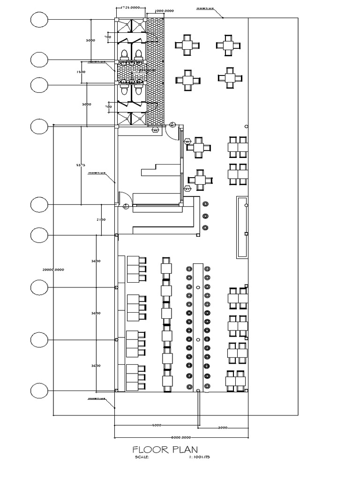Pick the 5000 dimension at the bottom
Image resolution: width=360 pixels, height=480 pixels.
tap(157, 425)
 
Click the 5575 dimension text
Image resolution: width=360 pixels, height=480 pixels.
tap(81, 165)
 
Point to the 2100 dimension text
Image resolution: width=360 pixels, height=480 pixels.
tap(101, 219)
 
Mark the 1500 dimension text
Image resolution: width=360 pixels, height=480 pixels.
tap(81, 72)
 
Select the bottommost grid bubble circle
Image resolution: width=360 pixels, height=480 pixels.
tap(39, 390)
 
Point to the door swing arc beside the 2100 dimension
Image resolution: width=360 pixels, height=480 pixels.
tap(123, 197)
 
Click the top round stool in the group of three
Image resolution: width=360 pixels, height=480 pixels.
tap(205, 204)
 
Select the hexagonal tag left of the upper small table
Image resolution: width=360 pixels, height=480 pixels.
tap(187, 141)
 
